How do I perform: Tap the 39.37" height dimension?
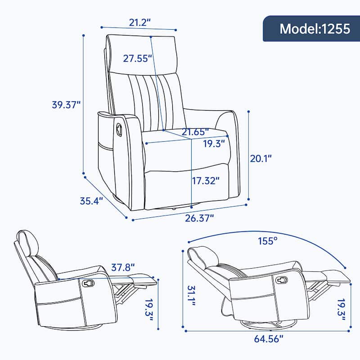(x=66, y=105)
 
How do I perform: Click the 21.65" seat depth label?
(x=195, y=132)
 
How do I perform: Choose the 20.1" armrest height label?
(x=261, y=158)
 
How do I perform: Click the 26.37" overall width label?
(x=198, y=217)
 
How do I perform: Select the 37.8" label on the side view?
(x=123, y=268)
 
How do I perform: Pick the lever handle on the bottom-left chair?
(x=87, y=283)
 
